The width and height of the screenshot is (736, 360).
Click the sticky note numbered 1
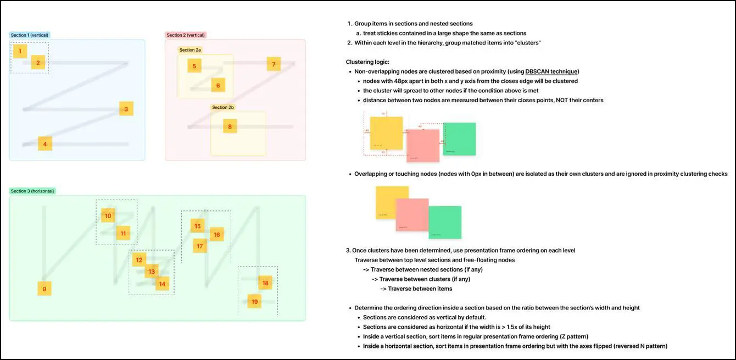pyautogui.click(x=20, y=52)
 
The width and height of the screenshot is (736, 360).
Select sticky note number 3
pyautogui.click(x=126, y=109)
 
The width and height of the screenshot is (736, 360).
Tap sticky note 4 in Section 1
pyautogui.click(x=45, y=144)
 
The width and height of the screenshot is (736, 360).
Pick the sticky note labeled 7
pyautogui.click(x=274, y=64)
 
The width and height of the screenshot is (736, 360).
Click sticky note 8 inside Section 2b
pyautogui.click(x=230, y=126)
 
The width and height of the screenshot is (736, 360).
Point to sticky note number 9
pyautogui.click(x=44, y=289)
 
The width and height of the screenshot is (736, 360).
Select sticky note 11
pyautogui.click(x=123, y=233)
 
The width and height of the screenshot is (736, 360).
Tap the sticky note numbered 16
pyautogui.click(x=217, y=235)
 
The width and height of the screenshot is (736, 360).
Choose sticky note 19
pyautogui.click(x=254, y=301)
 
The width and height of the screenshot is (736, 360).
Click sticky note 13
pyautogui.click(x=152, y=271)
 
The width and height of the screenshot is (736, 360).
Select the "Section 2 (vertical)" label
pyautogui.click(x=186, y=35)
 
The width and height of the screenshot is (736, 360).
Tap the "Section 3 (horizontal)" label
pyautogui.click(x=32, y=191)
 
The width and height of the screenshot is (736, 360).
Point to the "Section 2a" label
pyautogui.click(x=190, y=50)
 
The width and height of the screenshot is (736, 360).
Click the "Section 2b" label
pyautogui.click(x=223, y=108)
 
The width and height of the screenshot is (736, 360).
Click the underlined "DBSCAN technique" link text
pyautogui.click(x=551, y=71)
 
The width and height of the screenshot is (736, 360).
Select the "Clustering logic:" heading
pyautogui.click(x=367, y=62)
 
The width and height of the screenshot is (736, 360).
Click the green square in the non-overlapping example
pyautogui.click(x=460, y=139)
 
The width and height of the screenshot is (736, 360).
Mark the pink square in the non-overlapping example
pyautogui.click(x=423, y=146)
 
